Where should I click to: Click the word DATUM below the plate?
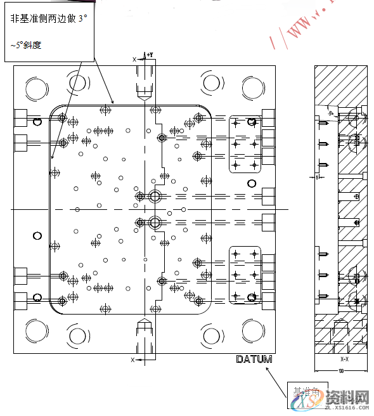pyautogui.click(x=254, y=360)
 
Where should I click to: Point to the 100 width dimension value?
pyautogui.click(x=341, y=370)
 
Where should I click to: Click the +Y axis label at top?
pyautogui.click(x=150, y=56)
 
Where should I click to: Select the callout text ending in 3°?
pyautogui.click(x=48, y=20)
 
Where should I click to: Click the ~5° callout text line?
pyautogui.click(x=26, y=46)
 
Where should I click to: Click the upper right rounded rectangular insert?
pyautogui.click(x=245, y=145)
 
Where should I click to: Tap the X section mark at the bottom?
pyautogui.click(x=132, y=360)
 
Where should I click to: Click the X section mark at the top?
pyautogui.click(x=134, y=58)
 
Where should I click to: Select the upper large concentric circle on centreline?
pyautogui.click(x=154, y=196)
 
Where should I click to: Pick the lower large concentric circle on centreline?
pyautogui.click(x=154, y=222)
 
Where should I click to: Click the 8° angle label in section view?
pyautogui.click(x=331, y=113)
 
